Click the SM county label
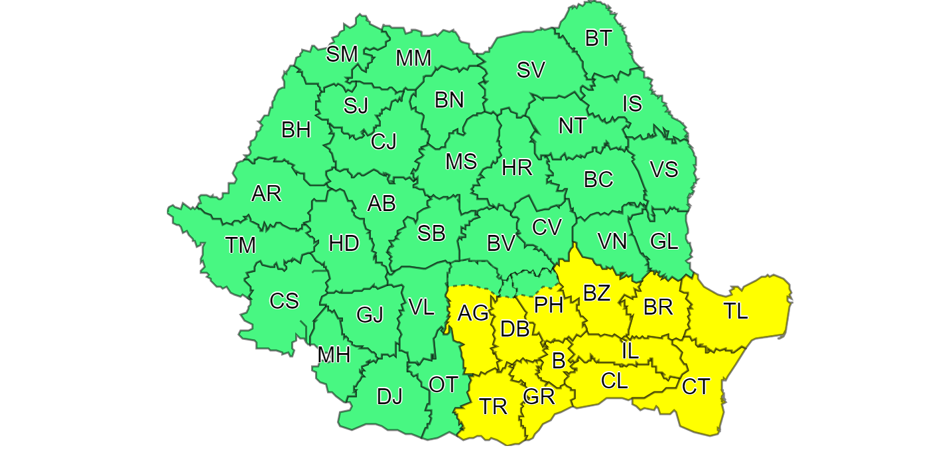342,54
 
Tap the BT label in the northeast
598,38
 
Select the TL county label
735,311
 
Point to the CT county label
696,386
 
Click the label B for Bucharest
559,361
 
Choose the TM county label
240,246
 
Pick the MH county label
334,355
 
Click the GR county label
539,397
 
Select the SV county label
531,70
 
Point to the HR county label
517,167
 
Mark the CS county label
284,301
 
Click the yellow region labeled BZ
596,293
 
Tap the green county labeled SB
431,233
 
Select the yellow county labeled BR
658,307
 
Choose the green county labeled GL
664,241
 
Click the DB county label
515,329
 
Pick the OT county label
443,384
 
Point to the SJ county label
356,106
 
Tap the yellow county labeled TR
493,406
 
